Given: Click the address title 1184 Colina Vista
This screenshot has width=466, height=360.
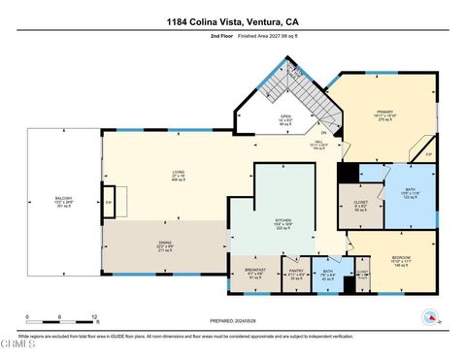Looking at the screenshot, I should click(232, 21).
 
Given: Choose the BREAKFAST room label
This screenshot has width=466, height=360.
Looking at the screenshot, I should click(254, 273).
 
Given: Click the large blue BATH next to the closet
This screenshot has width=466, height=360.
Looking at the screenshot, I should click(409, 192).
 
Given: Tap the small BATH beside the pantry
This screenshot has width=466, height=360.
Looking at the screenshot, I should click(329, 275).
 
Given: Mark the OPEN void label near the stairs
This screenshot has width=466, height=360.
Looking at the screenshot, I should click(285, 120).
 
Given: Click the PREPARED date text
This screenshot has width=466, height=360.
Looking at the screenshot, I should click(233, 320).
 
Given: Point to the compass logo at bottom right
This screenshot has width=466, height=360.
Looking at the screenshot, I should click(428, 316).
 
